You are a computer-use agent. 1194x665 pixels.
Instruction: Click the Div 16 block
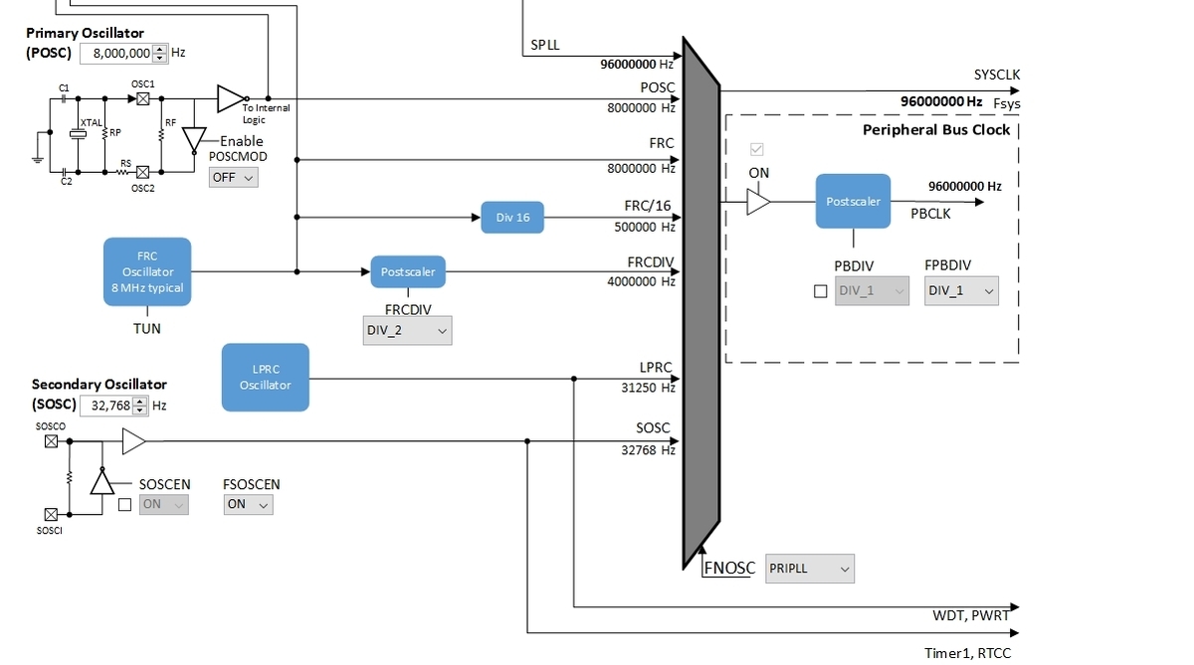click(512, 218)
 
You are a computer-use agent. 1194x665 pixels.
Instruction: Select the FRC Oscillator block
click(147, 271)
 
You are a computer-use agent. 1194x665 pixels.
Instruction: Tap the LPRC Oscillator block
click(265, 377)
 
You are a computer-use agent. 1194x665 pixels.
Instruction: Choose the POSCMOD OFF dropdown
click(233, 177)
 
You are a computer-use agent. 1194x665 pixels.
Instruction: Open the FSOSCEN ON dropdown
click(248, 504)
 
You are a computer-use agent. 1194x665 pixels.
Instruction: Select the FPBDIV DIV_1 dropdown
click(960, 291)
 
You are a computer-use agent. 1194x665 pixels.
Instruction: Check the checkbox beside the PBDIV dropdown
click(820, 292)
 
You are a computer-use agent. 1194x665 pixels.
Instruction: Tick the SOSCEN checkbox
click(124, 505)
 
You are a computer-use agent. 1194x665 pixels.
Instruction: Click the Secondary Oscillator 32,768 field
click(113, 406)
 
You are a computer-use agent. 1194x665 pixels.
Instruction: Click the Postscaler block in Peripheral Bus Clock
click(853, 202)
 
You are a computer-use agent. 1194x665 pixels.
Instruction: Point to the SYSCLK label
click(996, 75)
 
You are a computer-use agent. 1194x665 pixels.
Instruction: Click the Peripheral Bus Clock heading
click(935, 130)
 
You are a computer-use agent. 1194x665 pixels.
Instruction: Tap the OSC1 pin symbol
click(142, 99)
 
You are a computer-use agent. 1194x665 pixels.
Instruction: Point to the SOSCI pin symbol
click(51, 514)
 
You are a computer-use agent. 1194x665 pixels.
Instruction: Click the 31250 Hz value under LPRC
click(647, 388)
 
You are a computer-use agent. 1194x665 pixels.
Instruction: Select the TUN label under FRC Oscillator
click(147, 328)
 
